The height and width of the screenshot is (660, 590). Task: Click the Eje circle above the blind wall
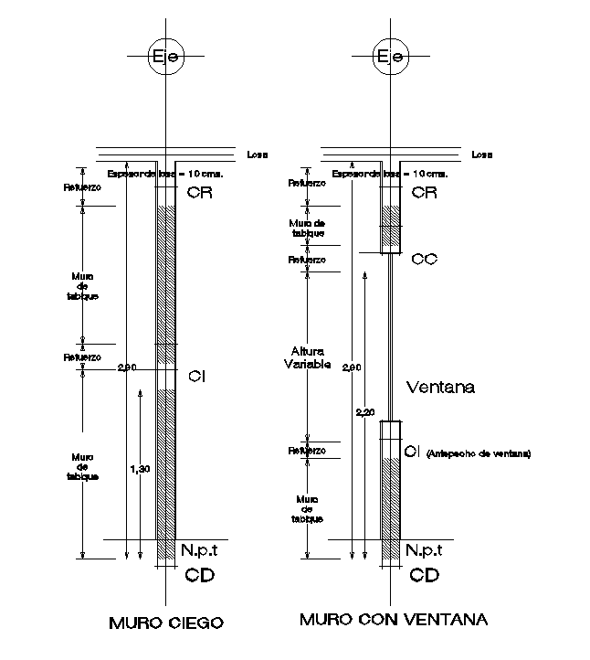(165, 57)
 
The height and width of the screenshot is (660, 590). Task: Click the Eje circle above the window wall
(390, 57)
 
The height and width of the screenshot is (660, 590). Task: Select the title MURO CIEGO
(166, 624)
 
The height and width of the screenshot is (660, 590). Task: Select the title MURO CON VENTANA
(394, 620)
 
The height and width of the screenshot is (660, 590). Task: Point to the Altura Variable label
(308, 357)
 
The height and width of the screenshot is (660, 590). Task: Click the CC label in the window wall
(425, 259)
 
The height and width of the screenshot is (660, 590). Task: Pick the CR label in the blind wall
(196, 192)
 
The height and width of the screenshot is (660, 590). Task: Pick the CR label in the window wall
(425, 192)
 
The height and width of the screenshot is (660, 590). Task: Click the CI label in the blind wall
(195, 376)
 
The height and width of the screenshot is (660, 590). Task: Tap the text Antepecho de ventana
(479, 453)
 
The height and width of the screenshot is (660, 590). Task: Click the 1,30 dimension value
(140, 469)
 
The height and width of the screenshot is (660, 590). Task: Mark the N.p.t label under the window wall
(425, 549)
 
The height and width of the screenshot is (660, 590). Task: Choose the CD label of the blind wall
(199, 575)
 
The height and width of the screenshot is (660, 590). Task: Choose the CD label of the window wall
(425, 575)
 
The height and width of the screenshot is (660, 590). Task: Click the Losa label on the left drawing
(257, 154)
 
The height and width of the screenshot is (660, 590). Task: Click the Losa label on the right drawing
(483, 154)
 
